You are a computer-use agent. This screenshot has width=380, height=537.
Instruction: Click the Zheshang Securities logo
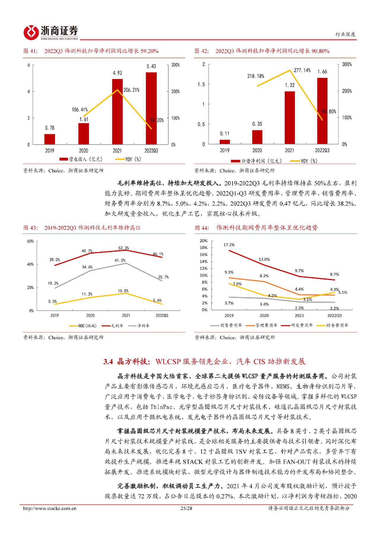pos(51,32)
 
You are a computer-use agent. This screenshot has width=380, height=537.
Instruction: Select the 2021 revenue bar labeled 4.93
pos(117,112)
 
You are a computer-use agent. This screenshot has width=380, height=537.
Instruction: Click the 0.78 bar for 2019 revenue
pos(50,139)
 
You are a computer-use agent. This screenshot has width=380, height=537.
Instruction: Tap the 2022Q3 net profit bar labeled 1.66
pos(322,111)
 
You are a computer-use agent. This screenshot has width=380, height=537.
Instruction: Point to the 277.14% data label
pos(302,70)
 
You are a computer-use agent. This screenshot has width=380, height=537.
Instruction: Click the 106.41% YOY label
pos(80,110)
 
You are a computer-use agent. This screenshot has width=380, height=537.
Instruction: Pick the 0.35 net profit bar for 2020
pos(257,137)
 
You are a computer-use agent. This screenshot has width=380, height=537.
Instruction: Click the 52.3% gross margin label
pos(123,248)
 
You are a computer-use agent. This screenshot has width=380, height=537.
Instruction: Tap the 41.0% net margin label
pos(120,260)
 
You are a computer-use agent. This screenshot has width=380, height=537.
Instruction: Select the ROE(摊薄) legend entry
pos(83,326)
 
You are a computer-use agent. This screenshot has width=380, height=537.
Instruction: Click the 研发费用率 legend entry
pos(297,325)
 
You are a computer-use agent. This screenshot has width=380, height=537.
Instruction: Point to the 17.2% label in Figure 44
pos(229,245)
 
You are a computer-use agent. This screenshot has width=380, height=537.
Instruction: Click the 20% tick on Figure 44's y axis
pos(203,241)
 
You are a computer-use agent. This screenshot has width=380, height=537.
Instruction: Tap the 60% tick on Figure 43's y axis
pos(30,241)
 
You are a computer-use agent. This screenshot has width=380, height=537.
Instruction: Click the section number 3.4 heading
pos(108,362)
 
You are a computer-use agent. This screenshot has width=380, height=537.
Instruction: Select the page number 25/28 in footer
pos(186,508)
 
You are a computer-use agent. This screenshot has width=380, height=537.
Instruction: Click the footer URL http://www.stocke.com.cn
pos(50,508)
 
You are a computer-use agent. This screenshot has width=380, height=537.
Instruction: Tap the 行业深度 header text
pos(345,34)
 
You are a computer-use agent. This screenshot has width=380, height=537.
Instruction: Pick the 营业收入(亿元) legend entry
pos(81,159)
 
